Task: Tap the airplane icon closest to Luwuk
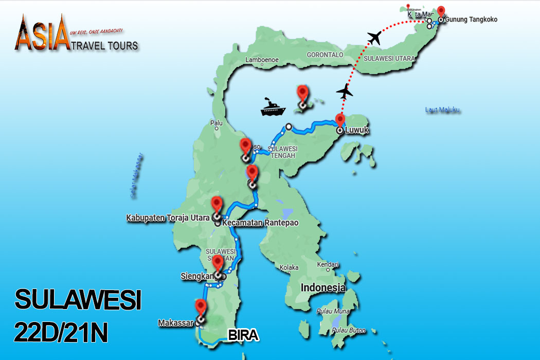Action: tap(345, 92)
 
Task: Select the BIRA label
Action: tap(243, 336)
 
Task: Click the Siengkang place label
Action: tap(197, 275)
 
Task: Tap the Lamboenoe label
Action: tap(262, 60)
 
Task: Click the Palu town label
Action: tap(216, 123)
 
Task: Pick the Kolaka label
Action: tap(290, 267)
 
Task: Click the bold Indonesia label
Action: tap(322, 286)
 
